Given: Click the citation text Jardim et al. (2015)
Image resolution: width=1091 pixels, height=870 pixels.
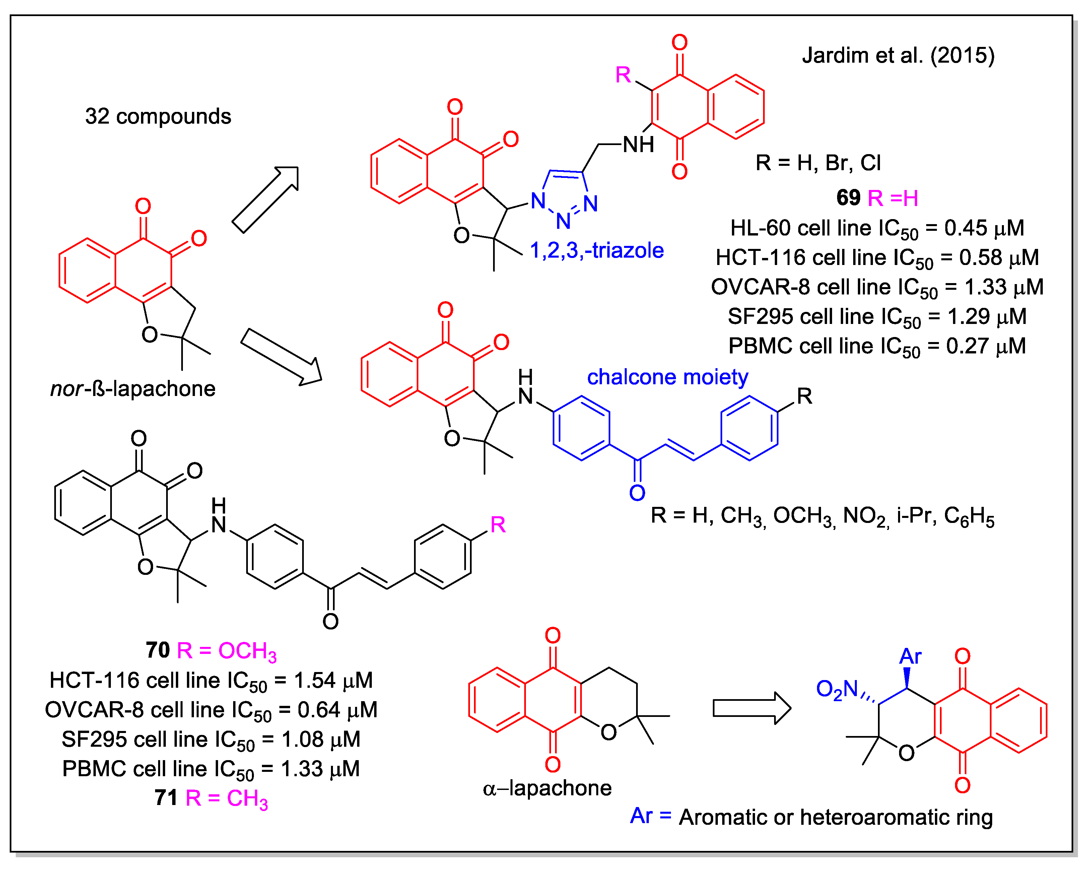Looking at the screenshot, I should [x=898, y=55].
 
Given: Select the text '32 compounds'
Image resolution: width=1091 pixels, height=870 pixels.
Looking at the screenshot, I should [x=158, y=116].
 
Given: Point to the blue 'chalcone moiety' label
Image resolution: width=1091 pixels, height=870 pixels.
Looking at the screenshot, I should [x=667, y=377].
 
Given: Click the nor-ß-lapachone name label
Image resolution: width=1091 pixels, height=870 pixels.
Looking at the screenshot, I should [x=133, y=389].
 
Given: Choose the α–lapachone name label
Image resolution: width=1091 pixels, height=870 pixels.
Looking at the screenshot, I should [x=547, y=788].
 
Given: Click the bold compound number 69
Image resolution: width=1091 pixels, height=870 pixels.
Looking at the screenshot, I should [x=848, y=197].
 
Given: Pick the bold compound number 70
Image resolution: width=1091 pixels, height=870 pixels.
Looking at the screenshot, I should [x=157, y=650].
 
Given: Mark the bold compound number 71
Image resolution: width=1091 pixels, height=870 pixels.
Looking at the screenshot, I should [x=166, y=798].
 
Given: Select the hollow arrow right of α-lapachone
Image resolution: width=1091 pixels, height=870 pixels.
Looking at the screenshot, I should [x=751, y=708].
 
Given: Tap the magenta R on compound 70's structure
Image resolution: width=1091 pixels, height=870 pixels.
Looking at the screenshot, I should [x=497, y=525].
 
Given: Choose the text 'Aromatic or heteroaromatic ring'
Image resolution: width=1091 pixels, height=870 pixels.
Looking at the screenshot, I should [x=835, y=817].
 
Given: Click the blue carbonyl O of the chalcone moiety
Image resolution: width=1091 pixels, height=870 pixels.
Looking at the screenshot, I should [x=637, y=493].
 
